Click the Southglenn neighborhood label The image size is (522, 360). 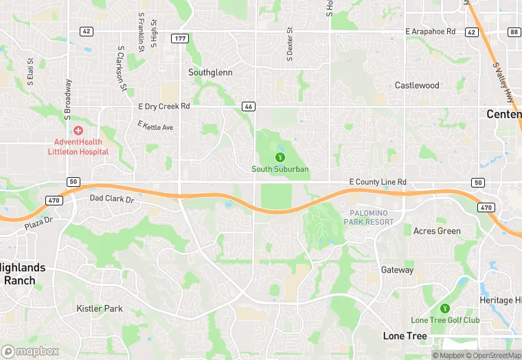(x=210, y=72)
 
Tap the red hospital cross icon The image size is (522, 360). (x=78, y=131)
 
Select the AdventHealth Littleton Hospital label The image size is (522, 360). (x=78, y=146)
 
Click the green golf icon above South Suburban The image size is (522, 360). (x=280, y=157)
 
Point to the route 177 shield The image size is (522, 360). (x=180, y=38)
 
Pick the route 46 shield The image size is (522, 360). (x=249, y=106)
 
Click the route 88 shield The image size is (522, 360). (x=514, y=32)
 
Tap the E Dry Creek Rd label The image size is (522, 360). (x=163, y=106)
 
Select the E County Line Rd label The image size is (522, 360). (x=378, y=181)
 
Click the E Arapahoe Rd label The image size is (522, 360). (x=431, y=32)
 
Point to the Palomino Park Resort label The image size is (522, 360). (x=372, y=217)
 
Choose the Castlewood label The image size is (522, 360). (x=417, y=85)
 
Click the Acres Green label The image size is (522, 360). (x=437, y=231)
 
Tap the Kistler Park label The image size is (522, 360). (x=100, y=308)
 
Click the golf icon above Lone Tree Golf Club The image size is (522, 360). (x=444, y=308)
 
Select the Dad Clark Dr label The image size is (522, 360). (x=112, y=199)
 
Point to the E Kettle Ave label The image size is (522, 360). (x=155, y=126)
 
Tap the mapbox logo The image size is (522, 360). (x=30, y=351)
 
